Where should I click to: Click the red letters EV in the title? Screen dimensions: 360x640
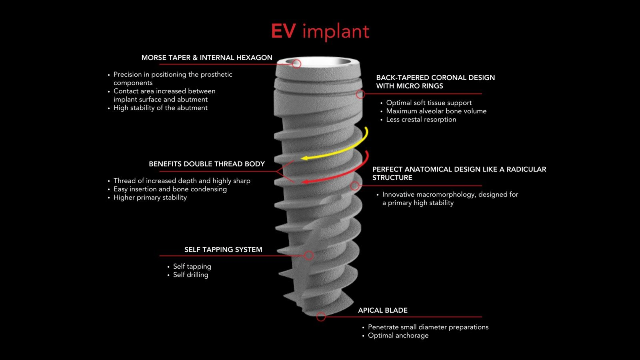click(283, 31)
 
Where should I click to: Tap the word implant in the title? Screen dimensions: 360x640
click(336, 31)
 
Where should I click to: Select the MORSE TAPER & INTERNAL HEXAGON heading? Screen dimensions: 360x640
click(207, 58)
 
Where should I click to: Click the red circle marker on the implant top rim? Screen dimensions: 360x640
click(296, 64)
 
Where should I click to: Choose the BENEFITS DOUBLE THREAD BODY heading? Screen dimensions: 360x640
click(207, 164)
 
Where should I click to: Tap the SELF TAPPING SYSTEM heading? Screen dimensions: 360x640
click(223, 250)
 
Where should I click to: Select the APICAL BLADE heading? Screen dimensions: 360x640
click(383, 310)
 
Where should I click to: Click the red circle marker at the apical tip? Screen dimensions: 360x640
click(321, 317)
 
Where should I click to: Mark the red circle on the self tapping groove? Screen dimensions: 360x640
click(308, 255)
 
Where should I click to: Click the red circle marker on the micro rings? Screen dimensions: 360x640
click(360, 94)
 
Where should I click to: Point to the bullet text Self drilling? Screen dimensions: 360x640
click(190, 275)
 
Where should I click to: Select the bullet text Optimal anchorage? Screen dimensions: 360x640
click(398, 336)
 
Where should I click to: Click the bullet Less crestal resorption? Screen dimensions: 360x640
click(421, 120)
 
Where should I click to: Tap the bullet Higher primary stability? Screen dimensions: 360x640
click(150, 198)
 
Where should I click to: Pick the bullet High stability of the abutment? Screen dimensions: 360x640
click(160, 108)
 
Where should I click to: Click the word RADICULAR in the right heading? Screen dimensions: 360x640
click(526, 169)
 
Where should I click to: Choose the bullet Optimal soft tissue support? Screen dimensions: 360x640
click(429, 103)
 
